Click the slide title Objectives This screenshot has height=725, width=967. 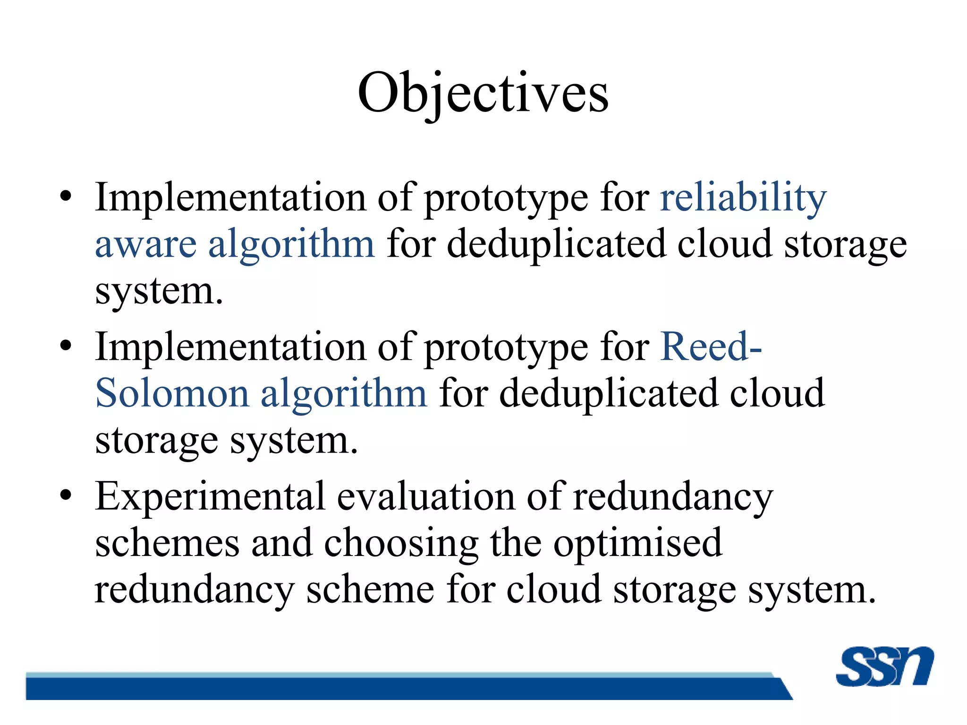pyautogui.click(x=483, y=93)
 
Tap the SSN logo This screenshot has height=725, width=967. pyautogui.click(x=884, y=666)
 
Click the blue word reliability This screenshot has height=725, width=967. pyautogui.click(x=743, y=197)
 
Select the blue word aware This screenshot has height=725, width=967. pyautogui.click(x=145, y=244)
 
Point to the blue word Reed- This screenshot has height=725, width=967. pyautogui.click(x=711, y=347)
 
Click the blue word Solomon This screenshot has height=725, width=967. pyautogui.click(x=172, y=394)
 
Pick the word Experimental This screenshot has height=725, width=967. pyautogui.click(x=210, y=497)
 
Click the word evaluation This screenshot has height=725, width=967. pyautogui.click(x=426, y=497)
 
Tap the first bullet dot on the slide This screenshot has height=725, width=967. pyautogui.click(x=66, y=195)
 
